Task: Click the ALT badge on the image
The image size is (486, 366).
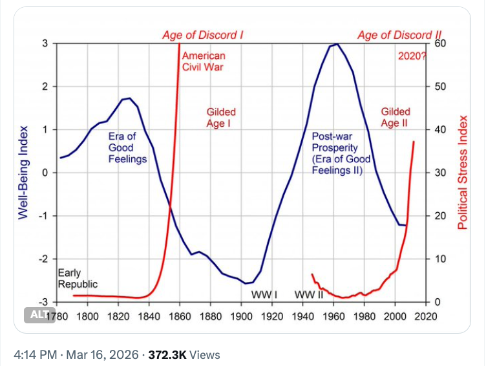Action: click(x=37, y=315)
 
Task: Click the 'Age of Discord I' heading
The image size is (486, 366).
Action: click(x=203, y=36)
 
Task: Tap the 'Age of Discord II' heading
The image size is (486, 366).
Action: click(x=398, y=36)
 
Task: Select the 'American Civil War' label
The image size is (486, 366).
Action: click(x=204, y=61)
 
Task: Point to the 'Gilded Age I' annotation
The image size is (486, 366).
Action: click(x=221, y=117)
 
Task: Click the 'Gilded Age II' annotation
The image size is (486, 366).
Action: click(x=396, y=117)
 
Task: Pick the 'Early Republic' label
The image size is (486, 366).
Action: click(x=78, y=278)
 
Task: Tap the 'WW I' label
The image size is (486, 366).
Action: click(x=264, y=296)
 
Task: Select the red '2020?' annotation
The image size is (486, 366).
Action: click(x=412, y=56)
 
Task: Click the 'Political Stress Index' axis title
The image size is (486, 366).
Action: click(x=463, y=173)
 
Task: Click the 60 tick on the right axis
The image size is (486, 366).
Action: click(x=438, y=44)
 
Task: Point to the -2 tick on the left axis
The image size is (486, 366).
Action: click(x=45, y=259)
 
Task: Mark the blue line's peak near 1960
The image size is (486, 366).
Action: click(x=335, y=44)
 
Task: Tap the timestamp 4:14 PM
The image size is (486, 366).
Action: click(x=34, y=354)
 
